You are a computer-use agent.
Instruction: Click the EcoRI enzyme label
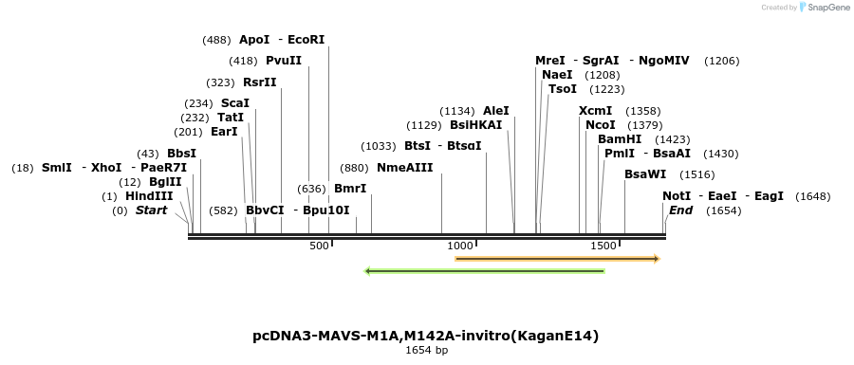click(306, 40)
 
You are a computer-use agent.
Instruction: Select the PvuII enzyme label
click(284, 61)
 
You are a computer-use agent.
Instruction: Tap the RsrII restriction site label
click(260, 82)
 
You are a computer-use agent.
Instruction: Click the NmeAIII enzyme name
click(404, 168)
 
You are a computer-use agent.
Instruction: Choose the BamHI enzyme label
click(620, 138)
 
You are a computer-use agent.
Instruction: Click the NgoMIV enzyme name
click(664, 61)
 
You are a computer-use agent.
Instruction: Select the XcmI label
click(596, 111)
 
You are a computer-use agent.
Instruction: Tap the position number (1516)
click(696, 174)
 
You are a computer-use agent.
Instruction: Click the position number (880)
click(354, 168)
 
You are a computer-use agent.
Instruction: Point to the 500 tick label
click(319, 246)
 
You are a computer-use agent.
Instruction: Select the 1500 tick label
click(604, 246)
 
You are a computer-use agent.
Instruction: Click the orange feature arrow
click(557, 258)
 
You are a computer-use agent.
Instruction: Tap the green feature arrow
click(485, 271)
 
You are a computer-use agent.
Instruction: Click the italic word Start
click(151, 210)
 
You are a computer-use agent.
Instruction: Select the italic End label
click(680, 210)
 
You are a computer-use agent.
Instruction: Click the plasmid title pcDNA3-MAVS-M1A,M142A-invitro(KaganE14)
click(426, 336)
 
